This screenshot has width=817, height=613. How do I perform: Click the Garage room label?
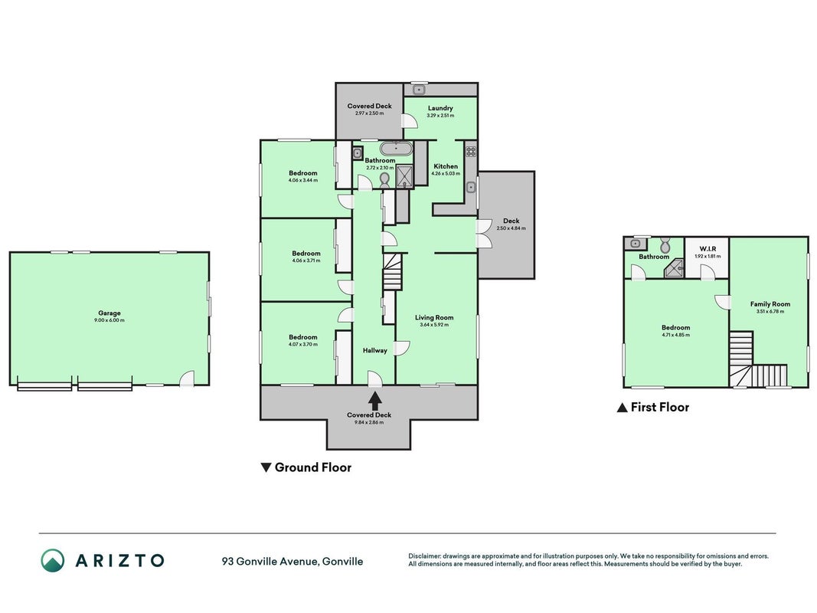click(109, 313)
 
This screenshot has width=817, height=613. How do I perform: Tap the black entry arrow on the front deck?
click(374, 400)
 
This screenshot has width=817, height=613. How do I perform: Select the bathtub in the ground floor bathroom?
click(396, 148)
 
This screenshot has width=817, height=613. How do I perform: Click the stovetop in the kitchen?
click(471, 152)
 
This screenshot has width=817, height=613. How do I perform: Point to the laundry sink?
click(419, 90)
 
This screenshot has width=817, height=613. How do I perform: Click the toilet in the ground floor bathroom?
click(384, 180)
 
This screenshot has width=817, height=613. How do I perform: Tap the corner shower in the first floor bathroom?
click(673, 268)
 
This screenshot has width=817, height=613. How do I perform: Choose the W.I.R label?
click(708, 249)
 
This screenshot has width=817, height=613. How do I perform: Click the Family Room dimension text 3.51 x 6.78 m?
click(770, 312)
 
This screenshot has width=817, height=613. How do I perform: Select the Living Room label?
click(434, 317)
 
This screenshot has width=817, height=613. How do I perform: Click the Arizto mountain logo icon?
click(53, 560)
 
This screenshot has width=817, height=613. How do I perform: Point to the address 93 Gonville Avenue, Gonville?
click(292, 562)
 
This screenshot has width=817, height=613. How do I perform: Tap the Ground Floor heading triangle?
click(266, 467)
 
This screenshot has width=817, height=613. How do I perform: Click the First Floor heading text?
click(660, 407)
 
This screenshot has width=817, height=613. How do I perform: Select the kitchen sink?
click(471, 187)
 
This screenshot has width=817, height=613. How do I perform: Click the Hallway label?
click(375, 351)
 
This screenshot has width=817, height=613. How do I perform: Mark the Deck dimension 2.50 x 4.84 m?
click(511, 228)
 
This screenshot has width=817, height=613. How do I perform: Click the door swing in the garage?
click(187, 379)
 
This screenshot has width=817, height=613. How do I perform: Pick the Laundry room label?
click(440, 108)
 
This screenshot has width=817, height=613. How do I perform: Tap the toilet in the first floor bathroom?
click(665, 244)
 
